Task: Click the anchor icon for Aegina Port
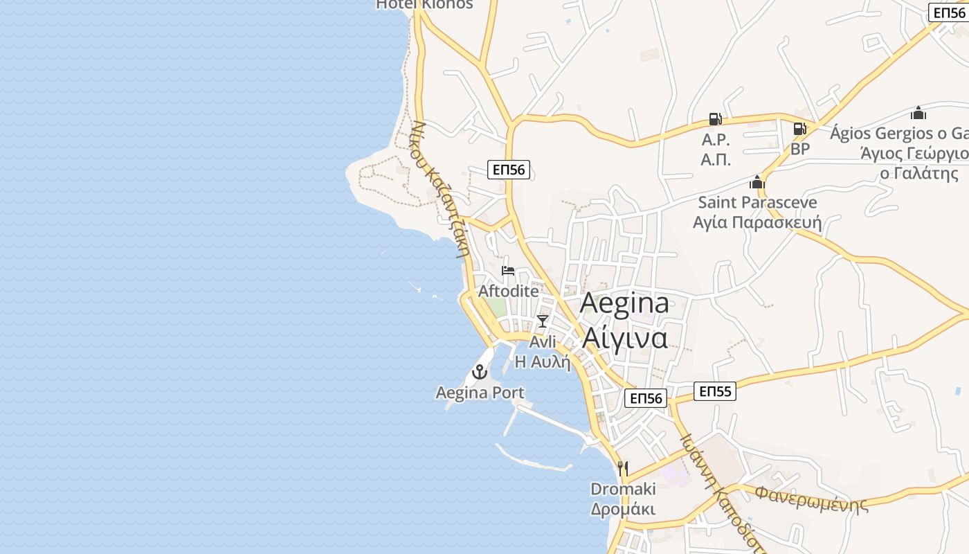point(480,372)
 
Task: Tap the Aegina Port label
point(480,393)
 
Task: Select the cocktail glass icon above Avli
point(543,321)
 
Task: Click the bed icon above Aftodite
point(508,271)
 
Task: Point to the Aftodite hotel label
point(508,291)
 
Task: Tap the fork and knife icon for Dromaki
point(623,469)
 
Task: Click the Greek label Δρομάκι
point(623,509)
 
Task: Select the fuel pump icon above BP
point(799,129)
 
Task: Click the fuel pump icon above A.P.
point(715,120)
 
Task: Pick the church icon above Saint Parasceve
point(757,182)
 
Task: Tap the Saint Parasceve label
point(757,202)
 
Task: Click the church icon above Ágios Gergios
point(918,113)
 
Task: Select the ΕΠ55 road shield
point(715,391)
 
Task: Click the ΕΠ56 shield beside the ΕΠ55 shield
point(646,397)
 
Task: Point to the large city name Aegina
point(624,303)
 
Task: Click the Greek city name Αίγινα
point(624,337)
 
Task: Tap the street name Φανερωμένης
point(811,498)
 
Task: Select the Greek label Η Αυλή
point(543,361)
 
